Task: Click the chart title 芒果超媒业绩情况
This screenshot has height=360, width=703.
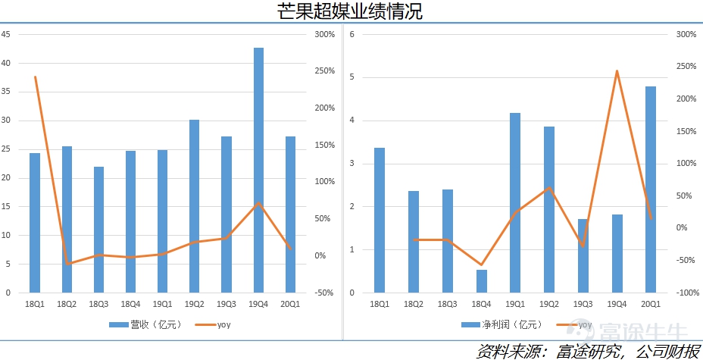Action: [351, 11]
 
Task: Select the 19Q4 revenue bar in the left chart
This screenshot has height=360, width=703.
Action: [258, 170]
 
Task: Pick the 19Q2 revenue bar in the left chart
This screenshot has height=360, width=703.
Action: [195, 205]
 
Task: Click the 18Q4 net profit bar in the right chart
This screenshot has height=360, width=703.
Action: [482, 280]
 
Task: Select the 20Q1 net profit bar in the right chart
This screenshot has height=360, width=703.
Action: [651, 189]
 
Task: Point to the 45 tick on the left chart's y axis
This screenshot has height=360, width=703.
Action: [6, 35]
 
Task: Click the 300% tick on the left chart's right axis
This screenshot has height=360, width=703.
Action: [324, 35]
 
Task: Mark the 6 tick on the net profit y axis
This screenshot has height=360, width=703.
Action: [352, 35]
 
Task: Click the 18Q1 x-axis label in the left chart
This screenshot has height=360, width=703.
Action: [35, 303]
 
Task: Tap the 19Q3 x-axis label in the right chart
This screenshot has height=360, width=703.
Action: [583, 303]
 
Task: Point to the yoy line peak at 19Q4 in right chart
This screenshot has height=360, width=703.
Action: [617, 71]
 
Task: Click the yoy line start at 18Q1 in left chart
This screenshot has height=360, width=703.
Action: [35, 77]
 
